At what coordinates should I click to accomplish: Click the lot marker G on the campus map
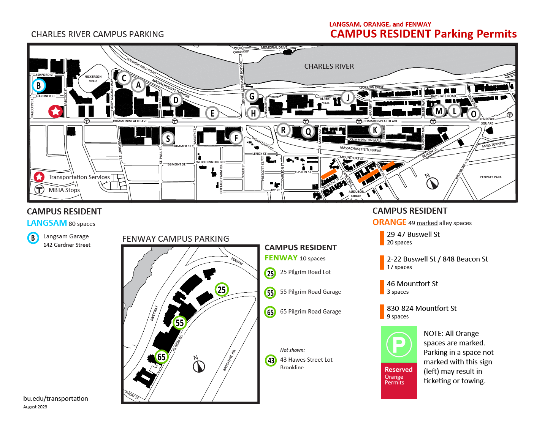(252, 96)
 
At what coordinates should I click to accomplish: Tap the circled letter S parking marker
(168, 139)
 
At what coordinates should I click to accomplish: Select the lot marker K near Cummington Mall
(375, 130)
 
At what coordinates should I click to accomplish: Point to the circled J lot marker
(347, 98)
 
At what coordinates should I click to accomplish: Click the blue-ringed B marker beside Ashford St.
(38, 85)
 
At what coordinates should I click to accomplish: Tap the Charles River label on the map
(329, 66)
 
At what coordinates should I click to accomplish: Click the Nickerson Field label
(93, 79)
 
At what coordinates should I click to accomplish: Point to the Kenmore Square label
(487, 121)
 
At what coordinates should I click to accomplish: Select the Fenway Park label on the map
(491, 177)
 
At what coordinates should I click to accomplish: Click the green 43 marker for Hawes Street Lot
(271, 360)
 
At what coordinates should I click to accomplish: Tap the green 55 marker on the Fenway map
(179, 323)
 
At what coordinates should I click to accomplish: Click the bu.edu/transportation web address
(55, 398)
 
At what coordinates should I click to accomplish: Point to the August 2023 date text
(35, 407)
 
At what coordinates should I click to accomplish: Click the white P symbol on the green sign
(399, 345)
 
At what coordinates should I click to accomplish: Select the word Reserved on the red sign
(398, 370)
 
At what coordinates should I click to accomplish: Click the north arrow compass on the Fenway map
(199, 366)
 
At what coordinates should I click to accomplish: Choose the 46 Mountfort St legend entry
(412, 284)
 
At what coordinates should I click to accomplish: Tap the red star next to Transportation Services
(39, 177)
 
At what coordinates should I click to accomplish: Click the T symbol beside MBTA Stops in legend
(40, 189)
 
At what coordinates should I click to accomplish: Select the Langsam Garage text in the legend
(66, 236)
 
